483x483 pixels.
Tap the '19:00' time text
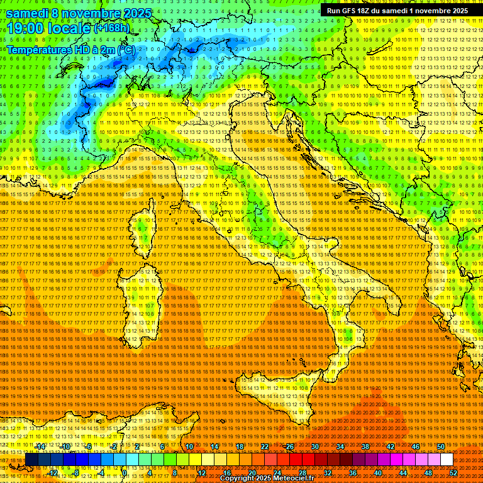[x=23, y=28]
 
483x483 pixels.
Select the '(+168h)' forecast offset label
[x=111, y=28]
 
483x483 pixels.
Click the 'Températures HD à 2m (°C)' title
[x=70, y=49]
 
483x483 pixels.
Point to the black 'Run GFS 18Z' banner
[x=396, y=10]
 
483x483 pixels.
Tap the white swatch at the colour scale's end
[x=447, y=459]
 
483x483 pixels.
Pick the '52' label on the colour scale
[x=453, y=472]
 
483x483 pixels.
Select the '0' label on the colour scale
[x=125, y=472]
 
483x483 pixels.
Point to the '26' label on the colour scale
[x=290, y=447]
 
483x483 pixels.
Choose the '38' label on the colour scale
[x=365, y=447]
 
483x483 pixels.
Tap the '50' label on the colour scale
[x=440, y=447]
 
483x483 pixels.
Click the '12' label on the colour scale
[x=202, y=472]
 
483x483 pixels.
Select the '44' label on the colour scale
[x=403, y=472]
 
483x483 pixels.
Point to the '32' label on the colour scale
[x=328, y=472]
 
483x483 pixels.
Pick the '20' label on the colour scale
[x=252, y=472]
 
